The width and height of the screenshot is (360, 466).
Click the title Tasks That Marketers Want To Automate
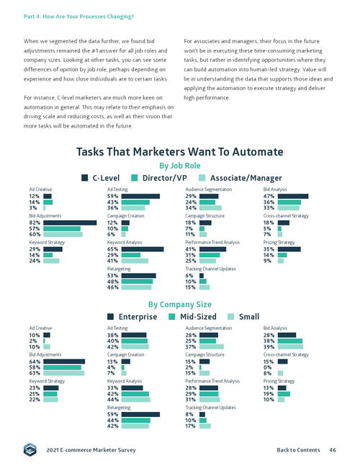[180, 152]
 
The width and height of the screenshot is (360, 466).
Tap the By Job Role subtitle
[180, 166]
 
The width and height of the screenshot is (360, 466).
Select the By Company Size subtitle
[180, 305]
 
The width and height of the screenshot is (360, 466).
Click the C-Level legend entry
[100, 178]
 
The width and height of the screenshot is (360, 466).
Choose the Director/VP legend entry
[159, 178]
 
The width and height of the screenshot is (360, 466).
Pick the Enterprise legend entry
[132, 316]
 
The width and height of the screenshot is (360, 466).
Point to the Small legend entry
[243, 316]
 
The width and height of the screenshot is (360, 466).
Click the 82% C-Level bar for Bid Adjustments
[70, 223]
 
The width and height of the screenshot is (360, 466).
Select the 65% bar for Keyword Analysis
[143, 249]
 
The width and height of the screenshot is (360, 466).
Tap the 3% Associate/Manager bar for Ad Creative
[45, 208]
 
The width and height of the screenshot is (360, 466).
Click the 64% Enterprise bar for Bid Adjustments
[64, 362]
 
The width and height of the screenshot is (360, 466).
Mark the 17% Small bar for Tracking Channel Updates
[205, 426]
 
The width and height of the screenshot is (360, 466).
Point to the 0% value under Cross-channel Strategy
[267, 367]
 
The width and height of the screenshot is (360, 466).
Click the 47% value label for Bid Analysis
[269, 196]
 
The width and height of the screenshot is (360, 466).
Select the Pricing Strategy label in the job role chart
[279, 242]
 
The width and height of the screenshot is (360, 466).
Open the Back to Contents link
[298, 449]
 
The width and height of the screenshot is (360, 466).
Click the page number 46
[333, 449]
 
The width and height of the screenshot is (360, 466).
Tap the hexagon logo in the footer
[30, 449]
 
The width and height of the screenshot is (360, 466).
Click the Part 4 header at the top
[78, 17]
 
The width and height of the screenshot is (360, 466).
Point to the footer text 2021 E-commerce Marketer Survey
[91, 450]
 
